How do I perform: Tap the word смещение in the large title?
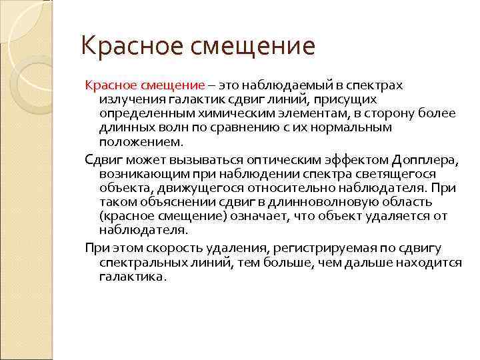coord(253,47)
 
